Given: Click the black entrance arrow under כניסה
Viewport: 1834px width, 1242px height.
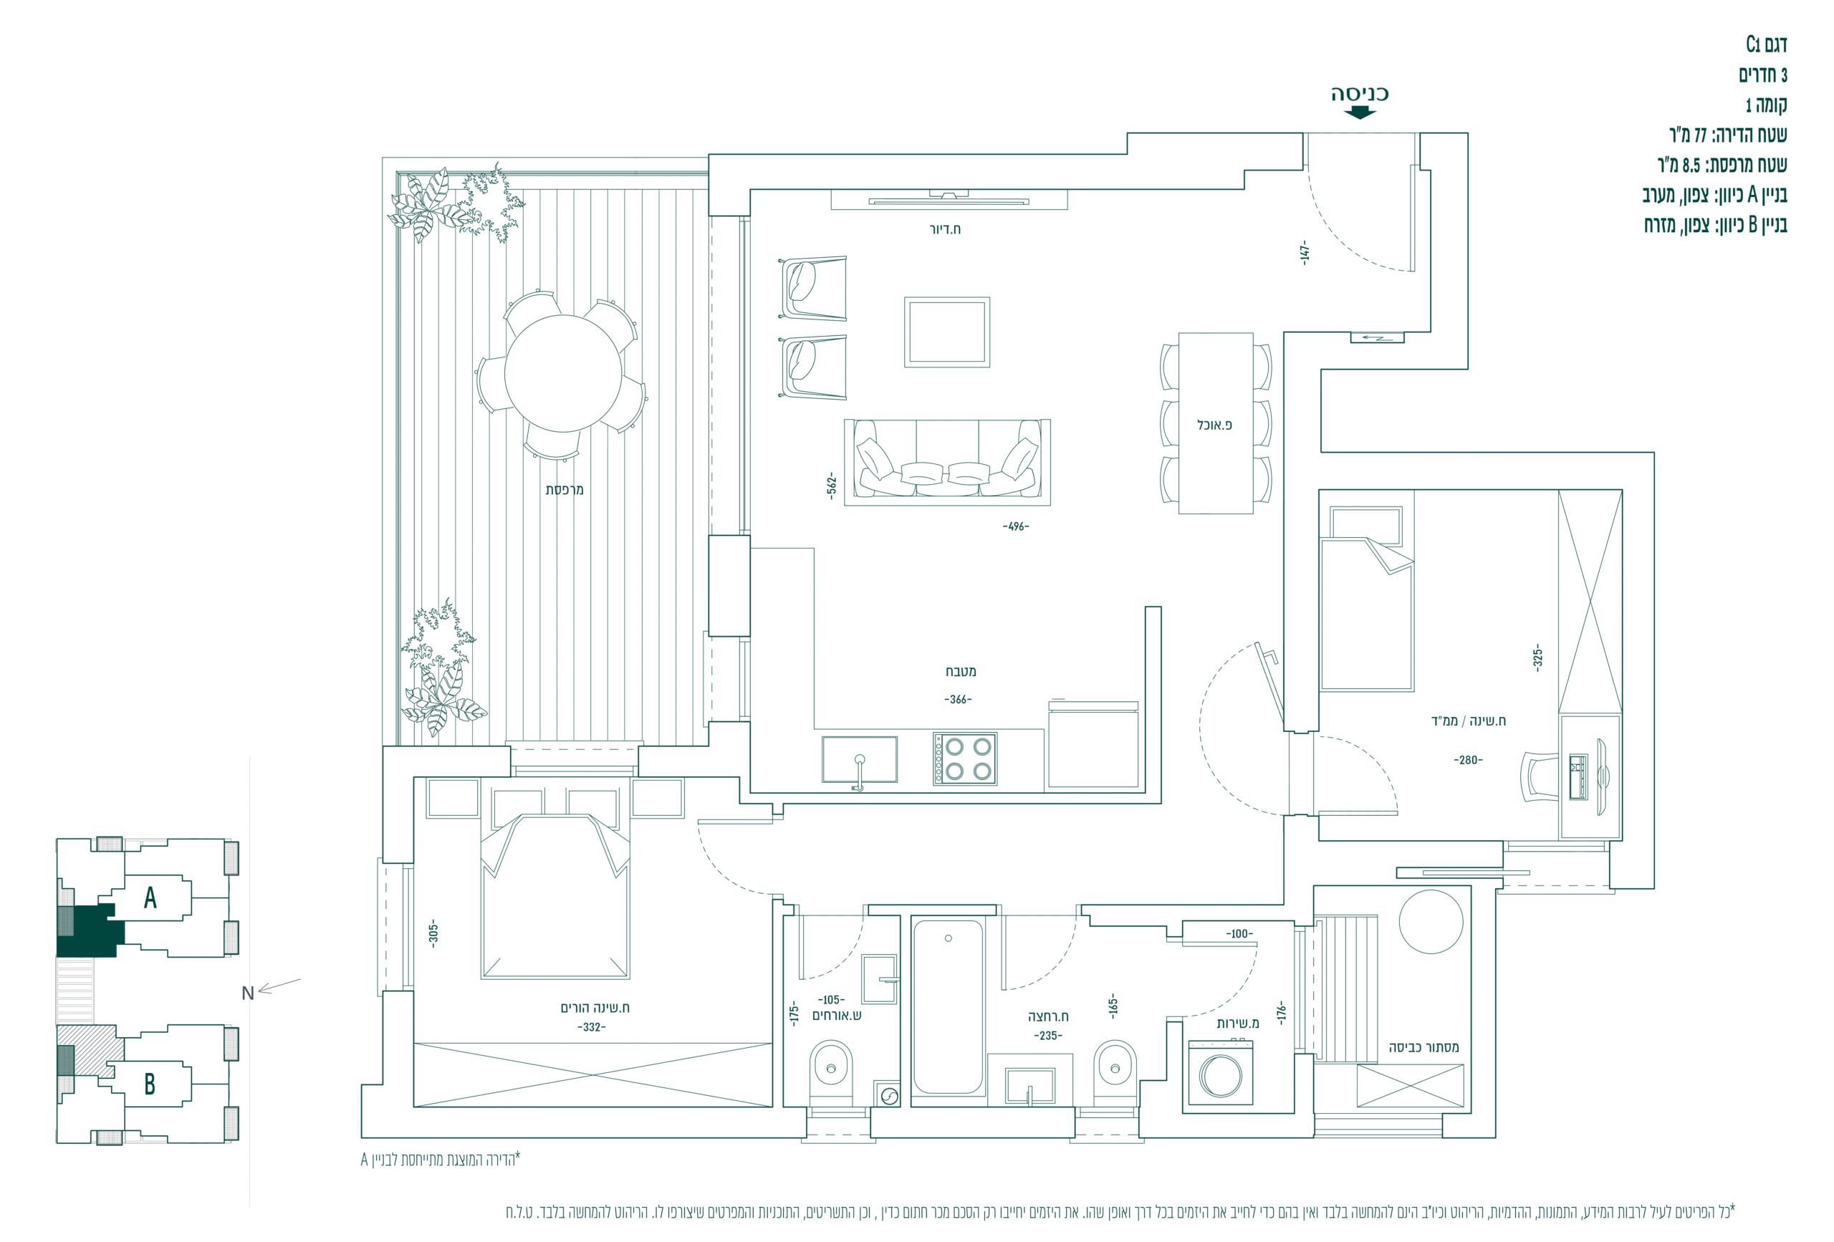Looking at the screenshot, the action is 1359,112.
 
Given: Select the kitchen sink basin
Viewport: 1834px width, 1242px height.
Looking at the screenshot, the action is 860,759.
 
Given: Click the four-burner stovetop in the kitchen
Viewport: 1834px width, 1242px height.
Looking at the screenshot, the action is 964,759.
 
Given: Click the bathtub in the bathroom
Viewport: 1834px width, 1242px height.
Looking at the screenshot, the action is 948,1007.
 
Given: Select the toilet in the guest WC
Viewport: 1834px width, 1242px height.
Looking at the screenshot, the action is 831,1072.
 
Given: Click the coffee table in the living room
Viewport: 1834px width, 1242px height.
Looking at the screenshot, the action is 947,332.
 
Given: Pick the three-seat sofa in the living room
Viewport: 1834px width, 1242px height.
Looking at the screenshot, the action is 947,461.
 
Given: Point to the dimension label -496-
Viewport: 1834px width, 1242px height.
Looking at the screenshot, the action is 1016,526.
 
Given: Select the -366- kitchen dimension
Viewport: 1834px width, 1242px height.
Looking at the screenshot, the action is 958,699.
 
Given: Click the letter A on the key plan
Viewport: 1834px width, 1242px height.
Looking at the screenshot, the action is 150,897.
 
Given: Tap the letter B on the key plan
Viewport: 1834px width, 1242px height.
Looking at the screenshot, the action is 149,1084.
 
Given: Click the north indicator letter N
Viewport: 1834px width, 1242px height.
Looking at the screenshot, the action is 248,993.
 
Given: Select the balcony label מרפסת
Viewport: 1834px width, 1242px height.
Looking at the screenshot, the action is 565,490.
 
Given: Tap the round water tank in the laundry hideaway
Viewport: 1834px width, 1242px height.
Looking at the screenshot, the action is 1431,922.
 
